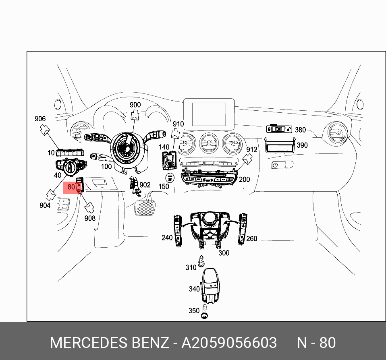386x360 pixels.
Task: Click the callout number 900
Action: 135,105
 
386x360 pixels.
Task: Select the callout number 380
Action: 300,130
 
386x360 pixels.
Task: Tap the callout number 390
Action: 302,145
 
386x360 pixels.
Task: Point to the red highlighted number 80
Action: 71,187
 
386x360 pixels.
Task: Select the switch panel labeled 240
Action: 178,232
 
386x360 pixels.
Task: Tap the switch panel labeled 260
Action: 243,230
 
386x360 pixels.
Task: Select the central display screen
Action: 209,114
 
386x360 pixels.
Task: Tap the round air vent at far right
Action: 336,133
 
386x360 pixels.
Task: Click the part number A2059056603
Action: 229,343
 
